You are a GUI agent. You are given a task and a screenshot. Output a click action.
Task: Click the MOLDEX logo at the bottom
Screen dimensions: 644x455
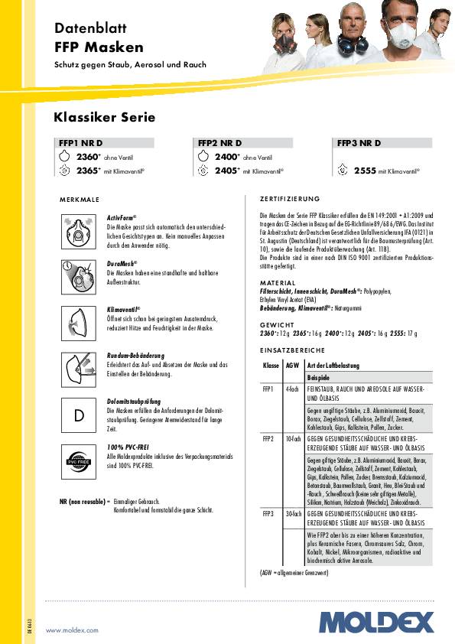(x=375, y=622)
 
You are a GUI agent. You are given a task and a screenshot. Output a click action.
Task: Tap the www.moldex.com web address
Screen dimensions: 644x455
(x=73, y=629)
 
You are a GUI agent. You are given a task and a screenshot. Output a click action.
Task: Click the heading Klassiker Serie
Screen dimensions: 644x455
(x=104, y=118)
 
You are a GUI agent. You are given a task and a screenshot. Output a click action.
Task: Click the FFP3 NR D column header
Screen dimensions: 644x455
(x=359, y=142)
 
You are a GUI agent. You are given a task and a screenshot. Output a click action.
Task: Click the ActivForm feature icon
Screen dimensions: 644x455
(x=79, y=232)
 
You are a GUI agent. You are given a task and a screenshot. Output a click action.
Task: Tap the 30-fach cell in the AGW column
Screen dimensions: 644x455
(x=291, y=514)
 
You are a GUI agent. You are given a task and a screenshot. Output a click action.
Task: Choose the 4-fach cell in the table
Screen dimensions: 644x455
(x=291, y=389)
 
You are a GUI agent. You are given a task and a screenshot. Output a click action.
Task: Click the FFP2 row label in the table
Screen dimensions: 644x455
(x=268, y=439)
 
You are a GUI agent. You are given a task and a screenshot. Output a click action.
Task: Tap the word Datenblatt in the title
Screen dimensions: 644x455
(x=89, y=28)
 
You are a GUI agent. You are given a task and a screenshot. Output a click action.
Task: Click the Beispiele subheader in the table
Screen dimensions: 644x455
(x=318, y=378)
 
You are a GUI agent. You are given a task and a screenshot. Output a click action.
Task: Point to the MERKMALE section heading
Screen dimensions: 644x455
(x=80, y=199)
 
